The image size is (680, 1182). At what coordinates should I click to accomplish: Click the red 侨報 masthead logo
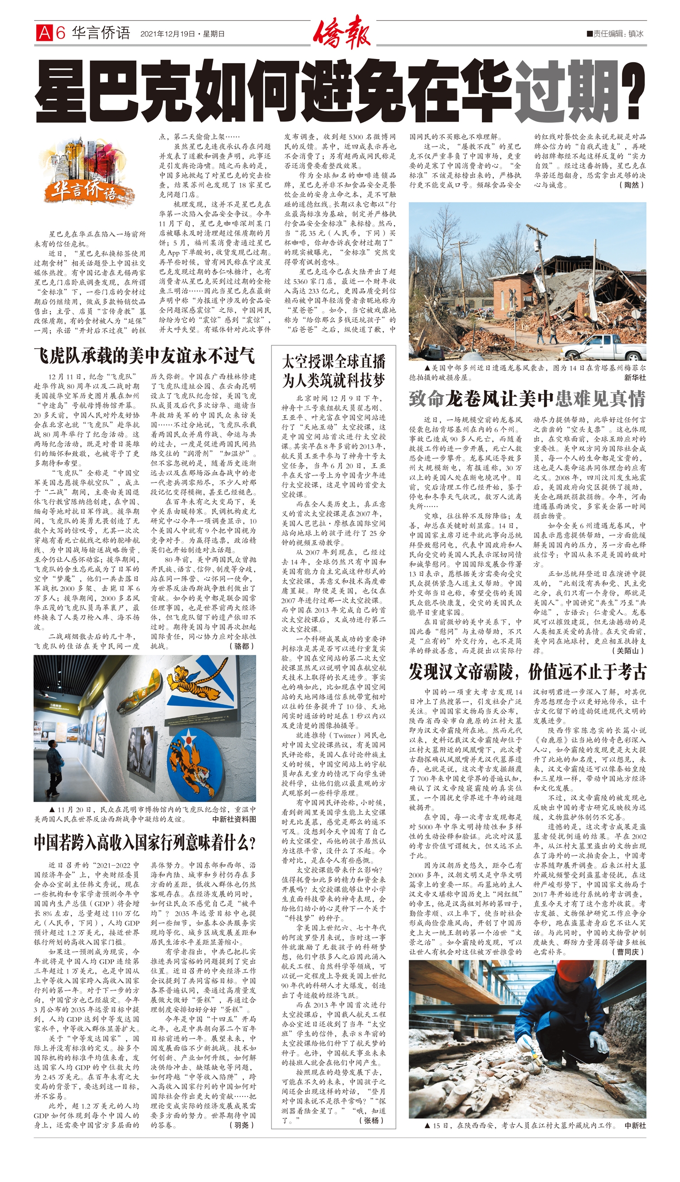click(x=341, y=32)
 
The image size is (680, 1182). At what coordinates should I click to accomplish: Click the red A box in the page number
click(x=44, y=33)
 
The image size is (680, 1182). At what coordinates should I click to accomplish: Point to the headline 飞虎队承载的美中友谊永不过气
click(x=144, y=356)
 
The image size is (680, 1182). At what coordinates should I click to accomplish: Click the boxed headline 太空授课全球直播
click(x=334, y=362)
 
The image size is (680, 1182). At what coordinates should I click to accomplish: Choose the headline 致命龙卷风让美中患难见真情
click(x=527, y=398)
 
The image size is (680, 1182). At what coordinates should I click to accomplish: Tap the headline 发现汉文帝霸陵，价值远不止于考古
click(x=527, y=672)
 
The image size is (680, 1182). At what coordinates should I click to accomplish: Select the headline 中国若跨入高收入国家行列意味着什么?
click(x=145, y=843)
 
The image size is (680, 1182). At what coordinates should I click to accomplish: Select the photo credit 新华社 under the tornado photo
click(x=635, y=378)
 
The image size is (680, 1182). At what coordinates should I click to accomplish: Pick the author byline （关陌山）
click(x=628, y=650)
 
